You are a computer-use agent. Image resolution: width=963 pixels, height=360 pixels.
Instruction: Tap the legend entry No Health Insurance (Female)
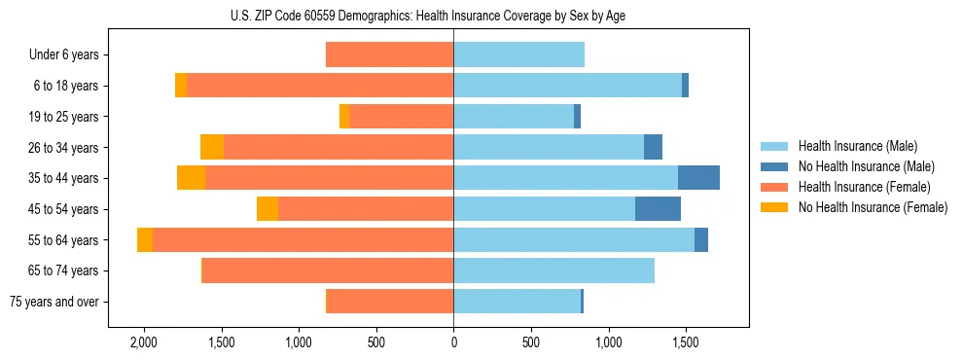pyautogui.click(x=873, y=207)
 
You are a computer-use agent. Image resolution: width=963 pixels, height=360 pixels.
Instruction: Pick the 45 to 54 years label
pyautogui.click(x=66, y=209)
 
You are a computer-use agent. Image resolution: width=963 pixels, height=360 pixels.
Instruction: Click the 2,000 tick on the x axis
pyautogui.click(x=144, y=343)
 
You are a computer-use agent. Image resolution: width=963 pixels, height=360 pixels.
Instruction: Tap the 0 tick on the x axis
pyautogui.click(x=453, y=343)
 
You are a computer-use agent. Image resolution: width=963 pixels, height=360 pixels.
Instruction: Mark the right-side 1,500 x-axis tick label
pyautogui.click(x=685, y=343)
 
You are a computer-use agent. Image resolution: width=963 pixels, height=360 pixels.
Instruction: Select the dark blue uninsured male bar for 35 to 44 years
pyautogui.click(x=698, y=178)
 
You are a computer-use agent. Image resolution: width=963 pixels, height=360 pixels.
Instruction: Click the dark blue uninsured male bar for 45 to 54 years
pyautogui.click(x=658, y=209)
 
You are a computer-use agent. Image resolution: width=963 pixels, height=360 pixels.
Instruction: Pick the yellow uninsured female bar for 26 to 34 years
pyautogui.click(x=212, y=147)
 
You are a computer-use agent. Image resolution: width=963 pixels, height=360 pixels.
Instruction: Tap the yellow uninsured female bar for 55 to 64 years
pyautogui.click(x=145, y=240)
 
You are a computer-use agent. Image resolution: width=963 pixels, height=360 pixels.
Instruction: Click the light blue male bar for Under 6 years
pyautogui.click(x=518, y=55)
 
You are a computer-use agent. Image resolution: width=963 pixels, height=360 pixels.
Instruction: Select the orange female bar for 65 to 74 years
pyautogui.click(x=328, y=270)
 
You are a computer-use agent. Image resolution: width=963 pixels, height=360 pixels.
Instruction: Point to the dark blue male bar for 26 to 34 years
pyautogui.click(x=653, y=147)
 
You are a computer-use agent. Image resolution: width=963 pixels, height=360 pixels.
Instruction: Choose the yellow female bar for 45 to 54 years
pyautogui.click(x=267, y=209)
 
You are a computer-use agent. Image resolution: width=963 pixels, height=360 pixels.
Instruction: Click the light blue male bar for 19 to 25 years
pyautogui.click(x=514, y=117)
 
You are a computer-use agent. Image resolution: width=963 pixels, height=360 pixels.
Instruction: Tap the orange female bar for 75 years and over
pyautogui.click(x=390, y=302)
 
